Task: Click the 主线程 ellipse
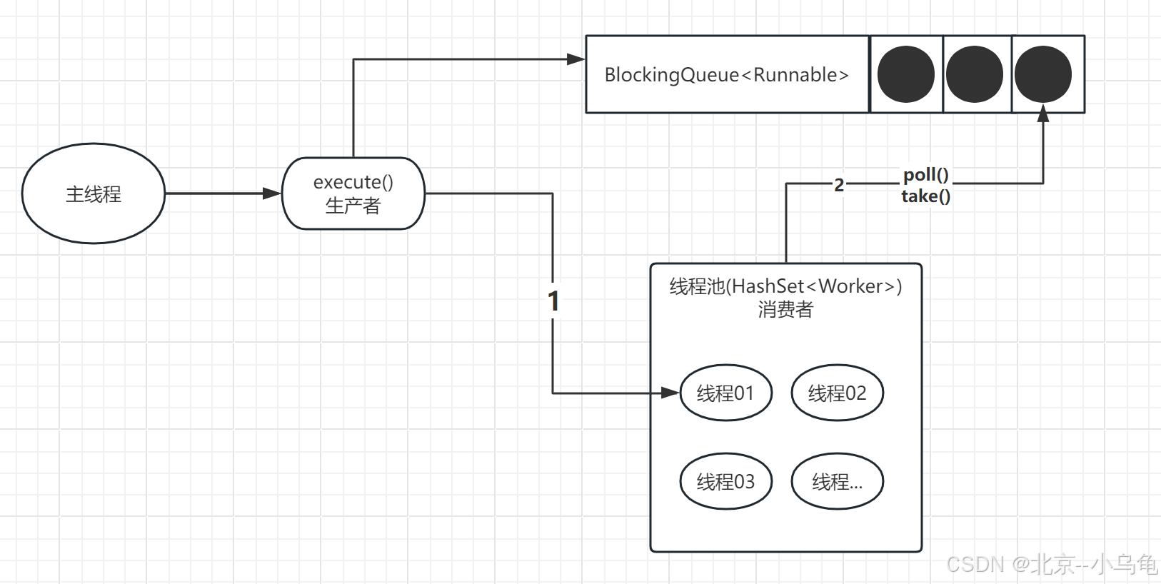[94, 193]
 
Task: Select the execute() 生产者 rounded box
[353, 193]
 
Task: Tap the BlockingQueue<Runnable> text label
[726, 75]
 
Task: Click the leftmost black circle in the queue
[905, 74]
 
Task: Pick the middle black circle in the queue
[975, 74]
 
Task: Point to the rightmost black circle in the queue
[1042, 74]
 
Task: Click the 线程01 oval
[725, 393]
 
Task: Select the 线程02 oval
[837, 393]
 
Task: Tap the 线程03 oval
[725, 481]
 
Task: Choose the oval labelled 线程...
[837, 481]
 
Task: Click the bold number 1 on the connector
[553, 301]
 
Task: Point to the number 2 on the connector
[839, 185]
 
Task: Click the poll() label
[925, 175]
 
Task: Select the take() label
[925, 196]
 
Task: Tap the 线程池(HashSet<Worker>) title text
[785, 286]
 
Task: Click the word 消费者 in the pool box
[785, 309]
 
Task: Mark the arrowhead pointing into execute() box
[272, 193]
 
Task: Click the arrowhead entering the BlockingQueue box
[576, 59]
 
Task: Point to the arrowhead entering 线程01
[670, 393]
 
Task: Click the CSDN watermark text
[1051, 564]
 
